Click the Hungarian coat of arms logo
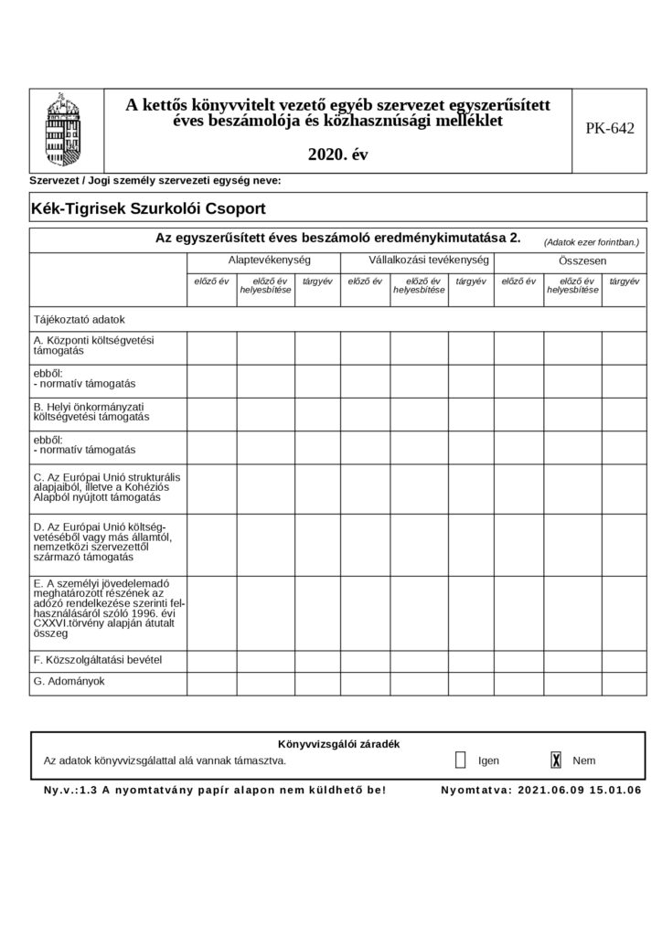click(61, 128)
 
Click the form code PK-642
click(609, 129)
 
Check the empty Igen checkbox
click(460, 760)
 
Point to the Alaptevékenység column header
click(262, 261)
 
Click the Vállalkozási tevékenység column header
click(417, 261)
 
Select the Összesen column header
click(571, 261)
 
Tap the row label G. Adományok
click(69, 681)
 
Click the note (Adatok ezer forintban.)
click(591, 242)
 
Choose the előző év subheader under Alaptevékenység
click(211, 281)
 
